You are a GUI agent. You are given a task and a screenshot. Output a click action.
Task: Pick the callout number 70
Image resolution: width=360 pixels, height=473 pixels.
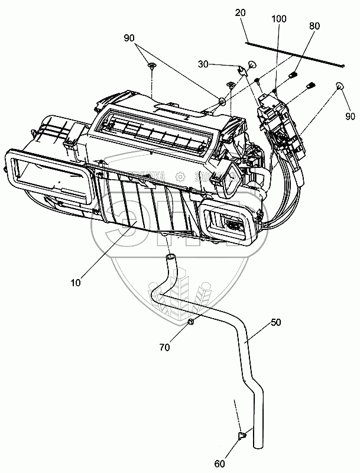[x=164, y=348]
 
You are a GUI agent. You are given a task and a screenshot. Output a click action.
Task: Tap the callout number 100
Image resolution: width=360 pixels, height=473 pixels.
[x=279, y=20]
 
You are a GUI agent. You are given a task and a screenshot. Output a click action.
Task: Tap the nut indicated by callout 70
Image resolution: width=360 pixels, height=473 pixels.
[x=192, y=322]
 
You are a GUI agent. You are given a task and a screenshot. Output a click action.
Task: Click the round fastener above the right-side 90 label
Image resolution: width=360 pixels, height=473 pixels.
[x=340, y=86]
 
